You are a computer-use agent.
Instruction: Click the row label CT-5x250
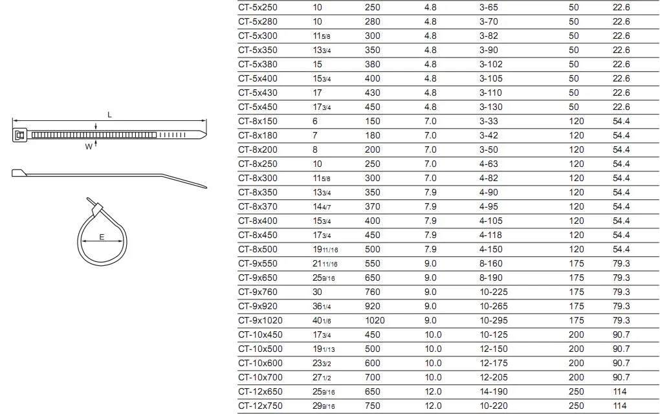click(x=258, y=7)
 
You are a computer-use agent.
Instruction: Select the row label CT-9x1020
click(x=261, y=320)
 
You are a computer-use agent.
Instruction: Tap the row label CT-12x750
click(x=261, y=406)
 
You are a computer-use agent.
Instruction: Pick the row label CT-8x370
click(x=258, y=206)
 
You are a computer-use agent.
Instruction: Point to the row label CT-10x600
click(x=261, y=363)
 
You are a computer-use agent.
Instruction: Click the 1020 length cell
click(x=376, y=320)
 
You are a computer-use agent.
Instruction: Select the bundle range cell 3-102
click(x=490, y=64)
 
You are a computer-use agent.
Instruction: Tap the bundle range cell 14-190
click(x=493, y=391)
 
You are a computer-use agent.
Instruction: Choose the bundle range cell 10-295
click(x=493, y=320)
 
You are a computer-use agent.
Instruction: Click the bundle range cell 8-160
click(x=490, y=263)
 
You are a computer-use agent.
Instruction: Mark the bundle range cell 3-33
click(x=489, y=121)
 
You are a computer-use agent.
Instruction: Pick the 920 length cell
click(x=373, y=306)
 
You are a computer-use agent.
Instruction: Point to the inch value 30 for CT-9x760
click(x=318, y=292)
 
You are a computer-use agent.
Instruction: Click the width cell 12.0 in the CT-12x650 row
click(x=433, y=391)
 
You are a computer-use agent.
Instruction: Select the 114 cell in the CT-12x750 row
click(x=620, y=406)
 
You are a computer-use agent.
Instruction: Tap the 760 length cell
click(x=373, y=292)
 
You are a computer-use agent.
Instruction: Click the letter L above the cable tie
click(x=109, y=114)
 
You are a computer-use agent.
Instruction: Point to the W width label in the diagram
click(x=89, y=147)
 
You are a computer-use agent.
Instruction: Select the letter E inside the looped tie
click(x=102, y=237)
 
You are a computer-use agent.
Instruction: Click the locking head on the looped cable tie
click(x=97, y=210)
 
